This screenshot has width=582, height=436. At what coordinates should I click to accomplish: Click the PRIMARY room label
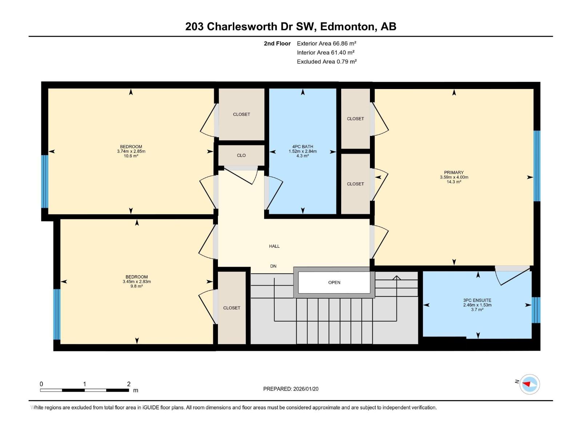click(454, 173)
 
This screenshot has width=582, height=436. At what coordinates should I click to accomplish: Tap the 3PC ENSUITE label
click(477, 300)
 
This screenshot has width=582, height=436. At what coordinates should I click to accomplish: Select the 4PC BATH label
click(302, 147)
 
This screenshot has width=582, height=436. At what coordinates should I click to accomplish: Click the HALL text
click(274, 246)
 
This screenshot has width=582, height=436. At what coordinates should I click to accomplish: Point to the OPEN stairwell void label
click(334, 282)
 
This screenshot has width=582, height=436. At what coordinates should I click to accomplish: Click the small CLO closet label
click(241, 156)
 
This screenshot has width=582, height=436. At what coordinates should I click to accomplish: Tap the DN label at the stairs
click(273, 266)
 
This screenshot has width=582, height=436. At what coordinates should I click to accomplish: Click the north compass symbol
click(529, 384)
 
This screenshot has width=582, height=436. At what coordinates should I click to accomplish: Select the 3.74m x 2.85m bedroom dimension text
click(131, 152)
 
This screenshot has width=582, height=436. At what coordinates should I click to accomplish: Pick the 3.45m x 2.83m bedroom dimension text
click(136, 282)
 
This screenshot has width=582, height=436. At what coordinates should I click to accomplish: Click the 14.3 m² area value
click(454, 182)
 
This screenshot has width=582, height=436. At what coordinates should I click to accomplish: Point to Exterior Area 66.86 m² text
click(326, 43)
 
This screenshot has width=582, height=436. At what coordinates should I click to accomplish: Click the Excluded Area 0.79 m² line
click(326, 62)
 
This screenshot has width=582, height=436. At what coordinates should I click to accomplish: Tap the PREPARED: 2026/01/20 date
click(291, 389)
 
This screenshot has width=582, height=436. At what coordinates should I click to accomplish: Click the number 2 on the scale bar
click(129, 384)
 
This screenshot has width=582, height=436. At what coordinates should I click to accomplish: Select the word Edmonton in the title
click(348, 27)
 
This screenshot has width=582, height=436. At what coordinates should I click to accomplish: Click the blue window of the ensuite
click(536, 310)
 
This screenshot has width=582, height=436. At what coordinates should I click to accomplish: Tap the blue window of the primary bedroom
click(537, 166)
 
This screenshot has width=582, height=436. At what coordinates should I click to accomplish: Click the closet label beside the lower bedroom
click(232, 308)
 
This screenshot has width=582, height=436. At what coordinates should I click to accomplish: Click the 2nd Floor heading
click(277, 44)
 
